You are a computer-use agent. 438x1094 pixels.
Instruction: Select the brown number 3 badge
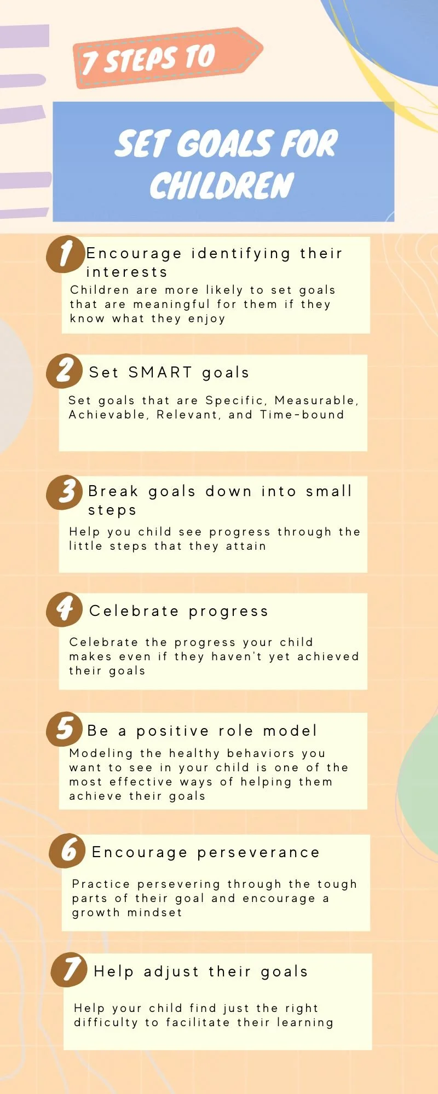65,492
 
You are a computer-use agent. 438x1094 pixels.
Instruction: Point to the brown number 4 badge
65,609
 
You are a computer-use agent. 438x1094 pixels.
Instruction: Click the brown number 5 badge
65,729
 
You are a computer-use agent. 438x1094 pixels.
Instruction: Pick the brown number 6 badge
67,851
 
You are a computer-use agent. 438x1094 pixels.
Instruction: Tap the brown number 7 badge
69,970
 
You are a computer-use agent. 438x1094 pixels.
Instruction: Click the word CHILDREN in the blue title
222,185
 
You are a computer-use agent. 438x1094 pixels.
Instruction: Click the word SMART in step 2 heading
160,373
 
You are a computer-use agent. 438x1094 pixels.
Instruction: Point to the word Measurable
316,400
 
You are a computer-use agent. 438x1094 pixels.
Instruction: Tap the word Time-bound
302,415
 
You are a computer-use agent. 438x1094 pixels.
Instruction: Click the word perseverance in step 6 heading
258,852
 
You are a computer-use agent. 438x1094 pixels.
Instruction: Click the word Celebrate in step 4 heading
134,611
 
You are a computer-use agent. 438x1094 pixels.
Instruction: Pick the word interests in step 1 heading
126,272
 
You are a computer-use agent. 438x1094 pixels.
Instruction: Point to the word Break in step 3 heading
113,491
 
